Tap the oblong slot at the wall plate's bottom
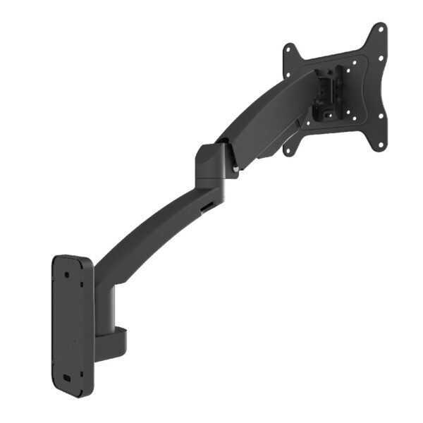(x=68, y=376)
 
